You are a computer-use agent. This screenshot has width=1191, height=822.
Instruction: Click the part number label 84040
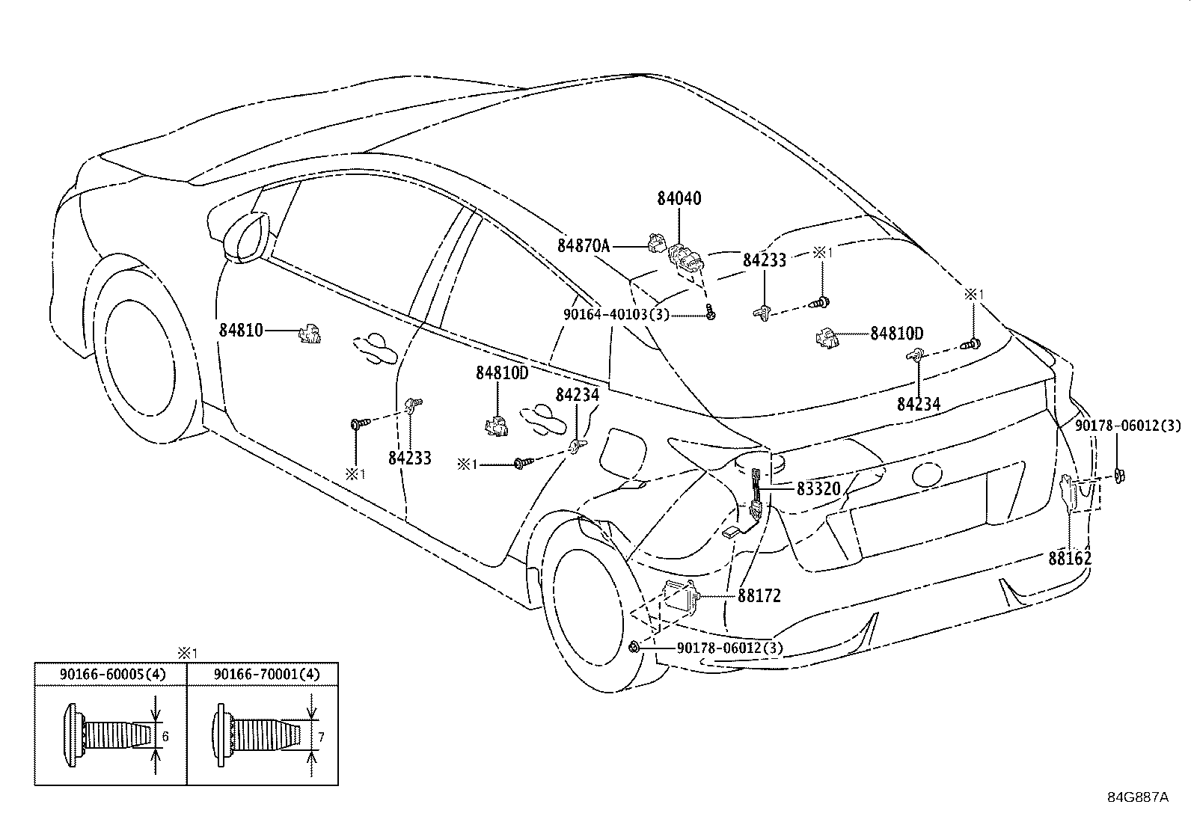click(679, 199)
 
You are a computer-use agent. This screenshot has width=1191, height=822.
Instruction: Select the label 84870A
click(584, 245)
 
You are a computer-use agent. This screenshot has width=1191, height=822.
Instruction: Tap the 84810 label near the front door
click(241, 329)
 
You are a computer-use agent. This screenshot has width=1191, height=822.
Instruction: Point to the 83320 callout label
click(818, 489)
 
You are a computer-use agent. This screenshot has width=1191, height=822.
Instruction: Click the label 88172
click(759, 596)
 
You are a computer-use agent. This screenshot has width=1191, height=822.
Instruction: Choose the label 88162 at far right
click(1069, 558)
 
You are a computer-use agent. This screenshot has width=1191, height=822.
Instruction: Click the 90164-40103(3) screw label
click(616, 314)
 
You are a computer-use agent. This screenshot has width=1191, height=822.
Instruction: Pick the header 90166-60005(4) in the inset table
click(112, 675)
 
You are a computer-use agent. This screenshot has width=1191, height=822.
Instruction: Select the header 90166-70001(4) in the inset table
click(266, 675)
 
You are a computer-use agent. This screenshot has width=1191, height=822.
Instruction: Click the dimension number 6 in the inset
click(165, 737)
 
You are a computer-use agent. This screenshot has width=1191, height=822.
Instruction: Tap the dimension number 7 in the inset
click(321, 737)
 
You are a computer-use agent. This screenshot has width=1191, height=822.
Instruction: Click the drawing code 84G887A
click(1137, 797)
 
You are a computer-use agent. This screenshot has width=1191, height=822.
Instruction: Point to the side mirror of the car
click(245, 238)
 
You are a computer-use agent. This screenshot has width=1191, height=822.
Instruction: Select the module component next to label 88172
click(681, 595)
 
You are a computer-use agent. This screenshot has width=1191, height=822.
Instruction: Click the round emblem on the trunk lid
click(926, 473)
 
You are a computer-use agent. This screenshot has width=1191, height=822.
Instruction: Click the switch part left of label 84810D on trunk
click(827, 337)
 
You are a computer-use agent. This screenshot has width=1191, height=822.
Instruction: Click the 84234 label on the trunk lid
click(919, 404)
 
